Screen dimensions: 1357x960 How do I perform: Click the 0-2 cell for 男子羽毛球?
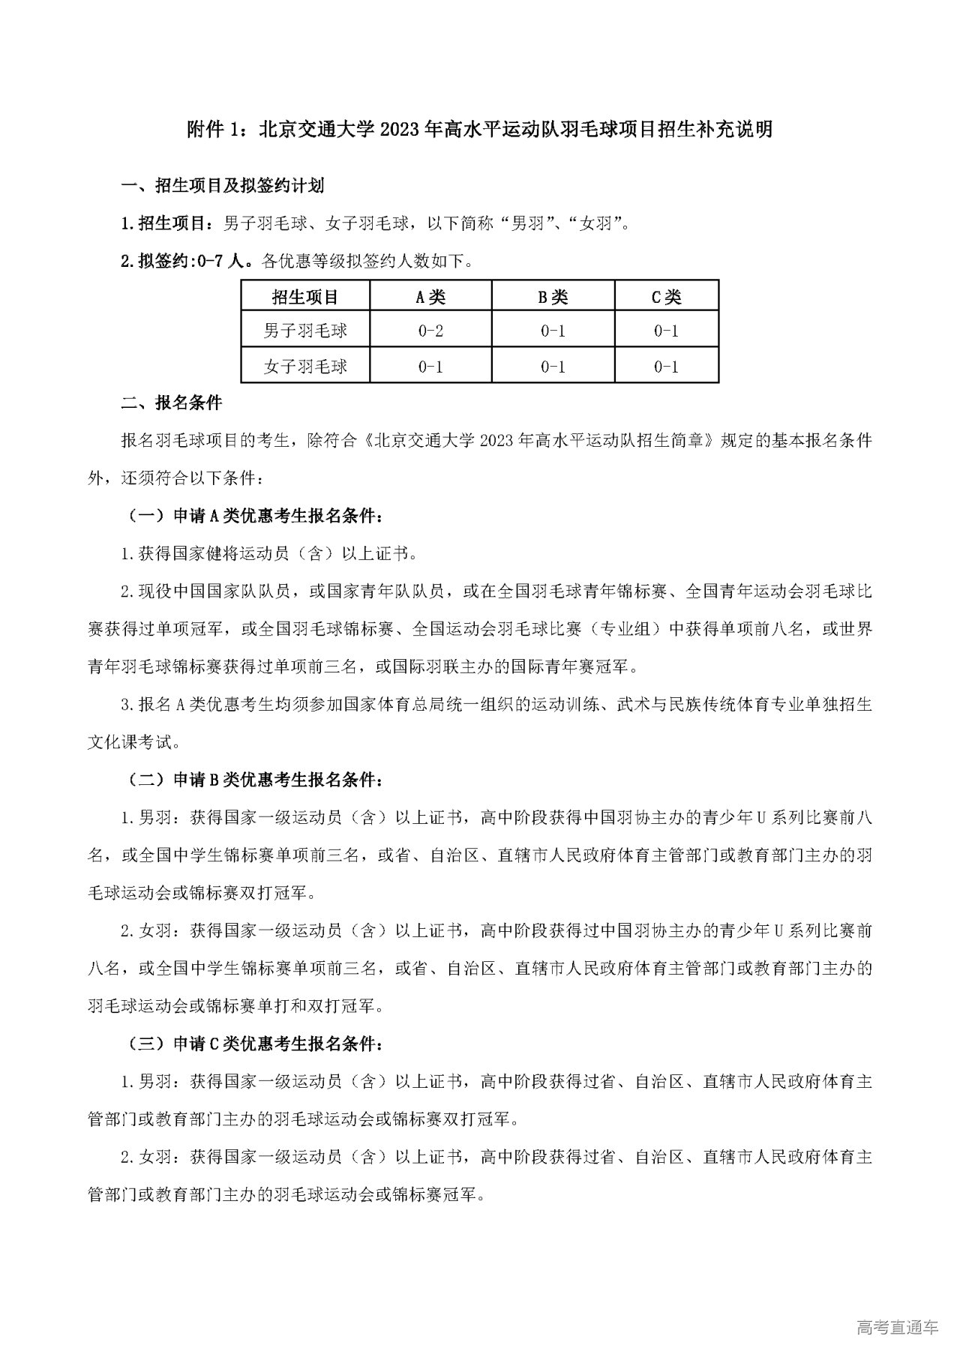430,331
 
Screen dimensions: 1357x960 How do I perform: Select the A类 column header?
430,297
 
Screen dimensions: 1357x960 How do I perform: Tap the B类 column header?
553,297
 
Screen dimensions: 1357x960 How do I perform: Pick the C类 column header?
666,297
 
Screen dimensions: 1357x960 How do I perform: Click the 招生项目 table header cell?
305,297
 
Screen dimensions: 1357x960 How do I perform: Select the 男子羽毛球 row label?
305,331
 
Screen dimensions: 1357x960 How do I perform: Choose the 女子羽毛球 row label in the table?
305,367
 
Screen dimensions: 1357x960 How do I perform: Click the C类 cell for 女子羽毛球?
666,367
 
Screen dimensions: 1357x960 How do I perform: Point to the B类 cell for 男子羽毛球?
553,331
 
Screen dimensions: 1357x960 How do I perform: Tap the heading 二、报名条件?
172,403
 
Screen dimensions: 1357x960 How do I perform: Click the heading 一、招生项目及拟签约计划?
223,186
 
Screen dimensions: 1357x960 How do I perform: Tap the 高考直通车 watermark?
896,1327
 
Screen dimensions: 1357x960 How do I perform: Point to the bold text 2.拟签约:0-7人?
187,261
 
